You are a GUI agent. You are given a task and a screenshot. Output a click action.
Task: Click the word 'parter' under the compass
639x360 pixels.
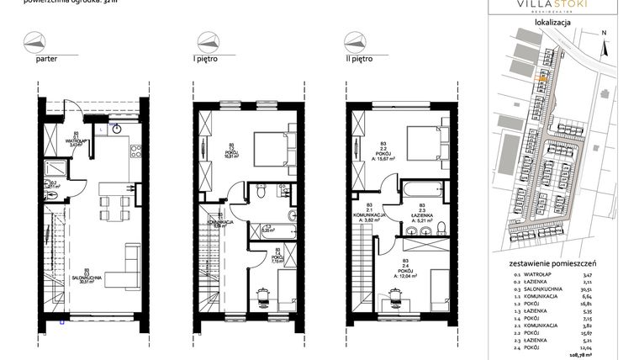[47, 60]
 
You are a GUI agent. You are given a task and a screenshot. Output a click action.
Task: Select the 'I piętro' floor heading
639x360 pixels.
[207, 60]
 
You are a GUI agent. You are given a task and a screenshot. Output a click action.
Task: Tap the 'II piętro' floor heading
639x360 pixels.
[359, 60]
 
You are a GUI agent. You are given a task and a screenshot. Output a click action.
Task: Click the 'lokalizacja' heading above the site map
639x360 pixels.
[553, 24]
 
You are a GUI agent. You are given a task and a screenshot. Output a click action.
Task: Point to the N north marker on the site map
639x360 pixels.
[605, 33]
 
